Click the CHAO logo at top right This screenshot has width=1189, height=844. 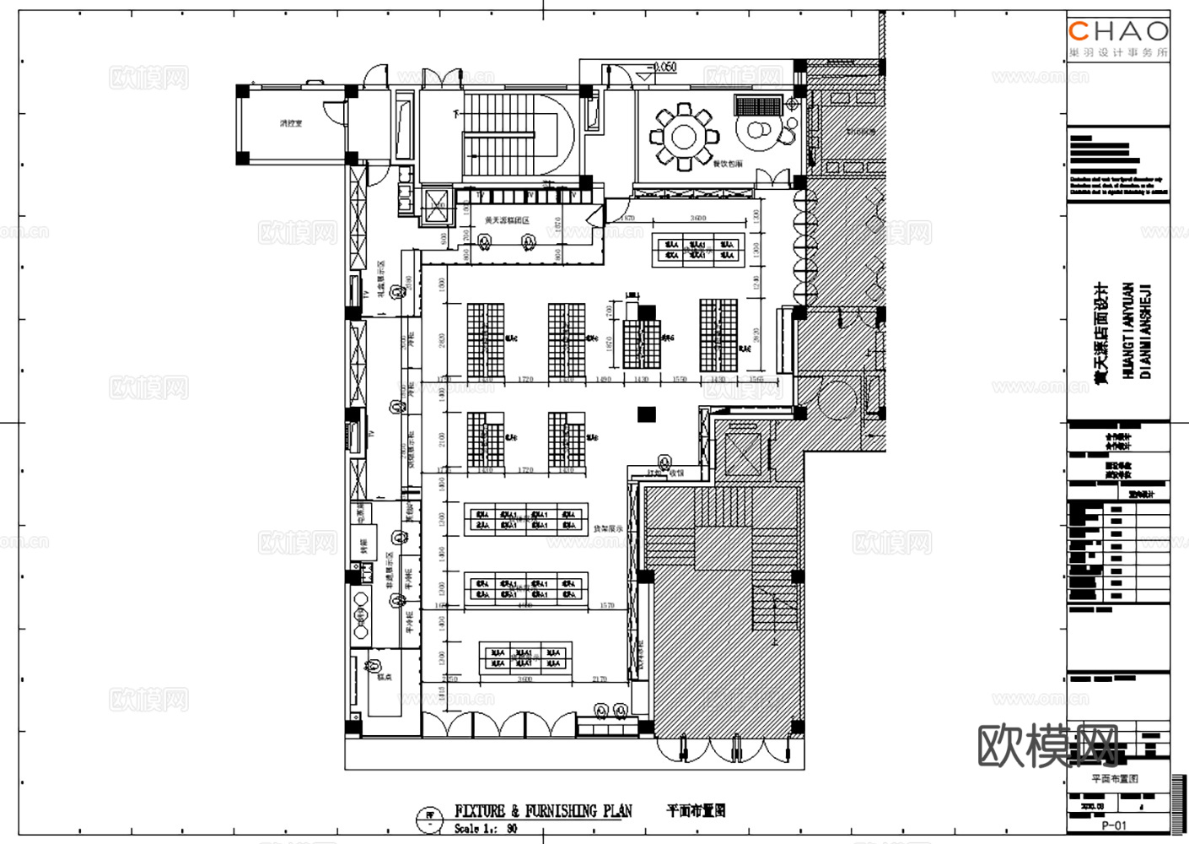(1118, 32)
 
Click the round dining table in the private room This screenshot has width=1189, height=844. (683, 135)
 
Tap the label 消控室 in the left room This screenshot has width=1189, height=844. (291, 123)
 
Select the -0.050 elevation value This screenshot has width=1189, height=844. (664, 67)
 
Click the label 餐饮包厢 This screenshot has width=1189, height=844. (728, 164)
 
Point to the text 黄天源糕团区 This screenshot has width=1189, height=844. (507, 220)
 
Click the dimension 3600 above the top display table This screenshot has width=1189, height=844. (697, 219)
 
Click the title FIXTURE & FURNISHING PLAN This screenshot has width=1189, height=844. (543, 811)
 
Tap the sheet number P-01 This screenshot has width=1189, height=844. (1113, 825)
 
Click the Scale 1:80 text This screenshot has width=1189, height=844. (486, 829)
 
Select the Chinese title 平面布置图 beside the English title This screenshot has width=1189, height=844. (696, 810)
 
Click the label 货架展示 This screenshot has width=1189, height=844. (607, 529)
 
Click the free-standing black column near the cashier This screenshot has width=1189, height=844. (646, 414)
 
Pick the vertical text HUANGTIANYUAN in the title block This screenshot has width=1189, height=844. (1128, 329)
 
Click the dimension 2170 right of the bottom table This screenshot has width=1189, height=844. (600, 679)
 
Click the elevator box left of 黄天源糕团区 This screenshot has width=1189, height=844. (436, 206)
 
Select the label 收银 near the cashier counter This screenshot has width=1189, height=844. (676, 473)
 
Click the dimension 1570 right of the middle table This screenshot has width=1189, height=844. (607, 605)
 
